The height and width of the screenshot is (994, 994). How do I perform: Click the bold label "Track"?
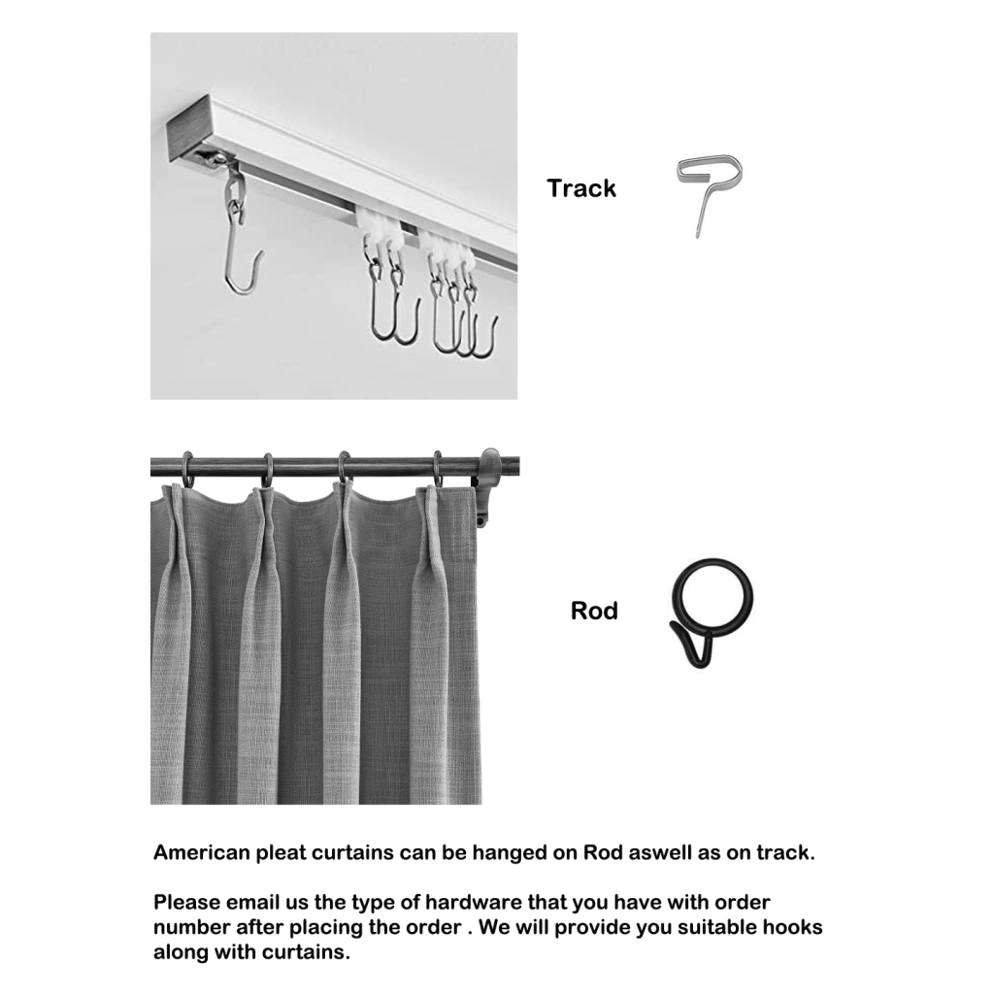coord(580,188)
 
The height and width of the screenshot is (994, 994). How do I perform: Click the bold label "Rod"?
coord(594,612)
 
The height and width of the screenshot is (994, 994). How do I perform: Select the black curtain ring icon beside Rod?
coord(712,610)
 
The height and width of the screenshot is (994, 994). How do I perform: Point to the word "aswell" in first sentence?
coord(649,853)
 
